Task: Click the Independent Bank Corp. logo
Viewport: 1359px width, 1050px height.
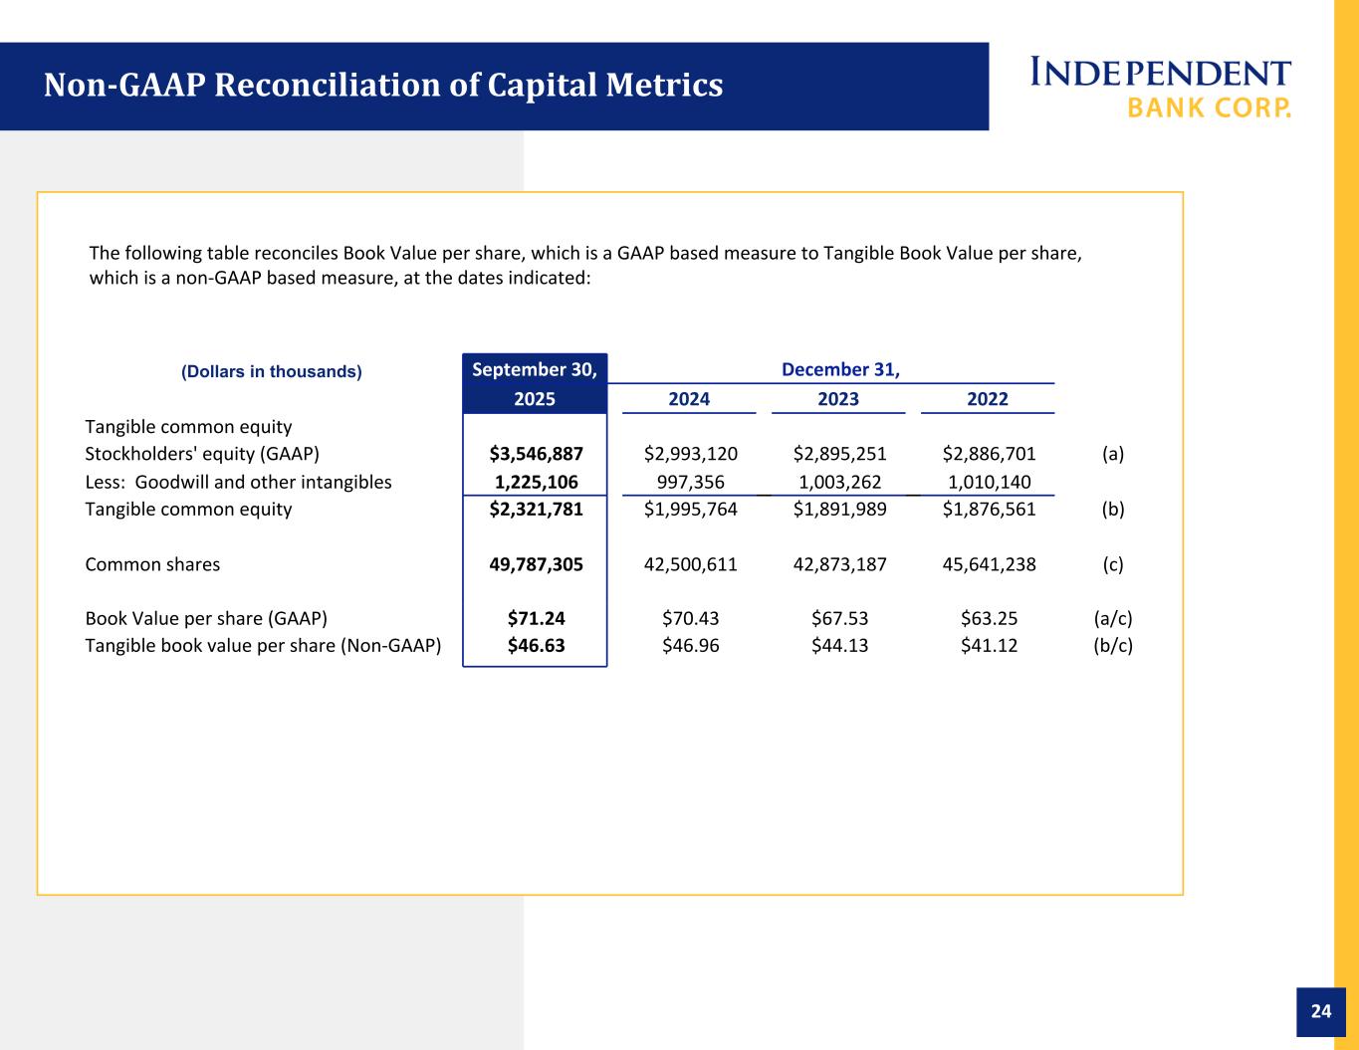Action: tap(1160, 88)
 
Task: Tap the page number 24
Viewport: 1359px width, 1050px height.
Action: tap(1320, 1011)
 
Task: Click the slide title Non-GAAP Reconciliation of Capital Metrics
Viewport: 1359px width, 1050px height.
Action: tap(382, 86)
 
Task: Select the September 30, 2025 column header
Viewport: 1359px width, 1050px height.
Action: tap(535, 384)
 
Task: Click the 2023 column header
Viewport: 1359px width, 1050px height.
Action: tap(837, 399)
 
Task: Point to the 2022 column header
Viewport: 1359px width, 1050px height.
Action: tap(987, 399)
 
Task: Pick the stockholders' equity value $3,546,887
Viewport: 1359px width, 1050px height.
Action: tap(536, 454)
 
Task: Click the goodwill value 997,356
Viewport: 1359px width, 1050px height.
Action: tap(690, 482)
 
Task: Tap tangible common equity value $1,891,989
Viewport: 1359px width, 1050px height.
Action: tap(839, 510)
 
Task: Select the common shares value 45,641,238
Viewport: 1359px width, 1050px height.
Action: tap(989, 564)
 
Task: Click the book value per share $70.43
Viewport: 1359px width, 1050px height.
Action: tap(690, 618)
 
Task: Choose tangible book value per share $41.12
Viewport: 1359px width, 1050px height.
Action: tap(989, 645)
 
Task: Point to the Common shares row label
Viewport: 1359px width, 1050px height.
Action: tap(152, 564)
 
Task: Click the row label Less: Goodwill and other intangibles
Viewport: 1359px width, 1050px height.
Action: tap(238, 482)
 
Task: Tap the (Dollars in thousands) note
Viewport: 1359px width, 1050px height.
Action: tap(271, 372)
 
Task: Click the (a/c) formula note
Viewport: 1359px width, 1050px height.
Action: tap(1112, 618)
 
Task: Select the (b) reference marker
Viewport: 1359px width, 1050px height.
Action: tap(1112, 510)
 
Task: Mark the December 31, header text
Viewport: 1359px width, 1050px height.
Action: tap(840, 370)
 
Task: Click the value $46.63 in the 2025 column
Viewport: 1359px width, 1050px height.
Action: tap(536, 645)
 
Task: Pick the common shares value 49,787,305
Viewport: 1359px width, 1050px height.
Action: tap(536, 564)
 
